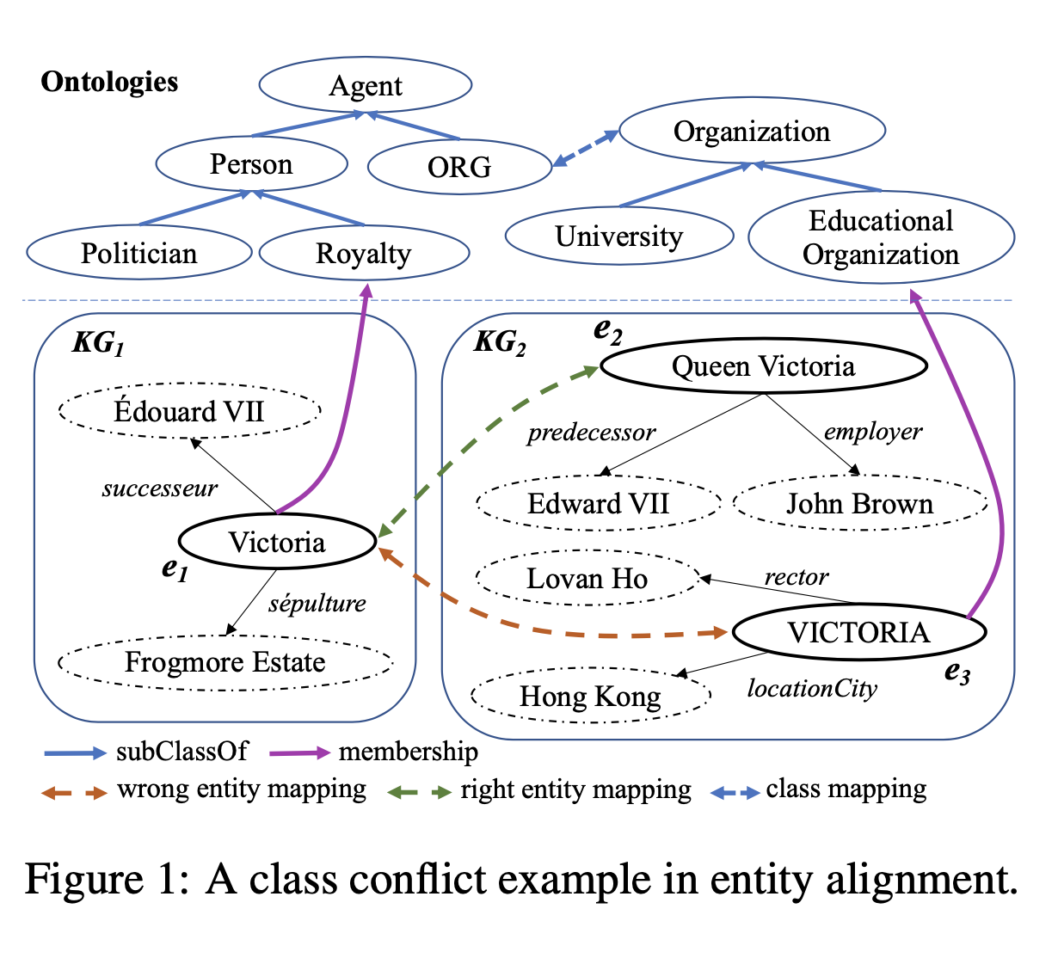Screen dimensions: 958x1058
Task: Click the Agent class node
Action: tap(366, 86)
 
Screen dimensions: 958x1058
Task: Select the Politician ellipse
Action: tap(139, 253)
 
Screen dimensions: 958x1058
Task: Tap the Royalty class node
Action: tap(364, 253)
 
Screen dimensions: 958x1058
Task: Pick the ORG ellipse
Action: tap(459, 166)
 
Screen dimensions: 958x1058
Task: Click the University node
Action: tap(619, 236)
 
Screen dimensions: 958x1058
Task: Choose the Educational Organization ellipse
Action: tap(881, 237)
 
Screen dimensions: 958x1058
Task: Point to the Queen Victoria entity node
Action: tap(763, 366)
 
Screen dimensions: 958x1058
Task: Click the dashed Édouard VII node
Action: tap(189, 411)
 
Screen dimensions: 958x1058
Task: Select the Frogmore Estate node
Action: tap(225, 662)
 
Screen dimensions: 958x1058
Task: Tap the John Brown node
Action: tap(859, 503)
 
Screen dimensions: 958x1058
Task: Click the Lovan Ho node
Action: tap(587, 579)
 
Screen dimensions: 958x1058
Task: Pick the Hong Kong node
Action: tap(590, 696)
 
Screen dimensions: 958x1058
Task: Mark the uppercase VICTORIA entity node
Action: tap(858, 633)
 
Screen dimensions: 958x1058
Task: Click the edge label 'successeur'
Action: tap(160, 489)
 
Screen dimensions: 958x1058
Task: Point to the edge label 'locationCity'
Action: tap(812, 689)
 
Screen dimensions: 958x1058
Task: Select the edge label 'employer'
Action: tap(873, 432)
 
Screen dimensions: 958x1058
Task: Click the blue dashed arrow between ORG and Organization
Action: tap(586, 148)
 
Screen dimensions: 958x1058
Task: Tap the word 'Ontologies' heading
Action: tap(109, 82)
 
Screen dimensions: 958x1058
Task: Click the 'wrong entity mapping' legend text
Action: tap(242, 789)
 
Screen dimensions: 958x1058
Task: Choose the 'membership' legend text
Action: tap(409, 752)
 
